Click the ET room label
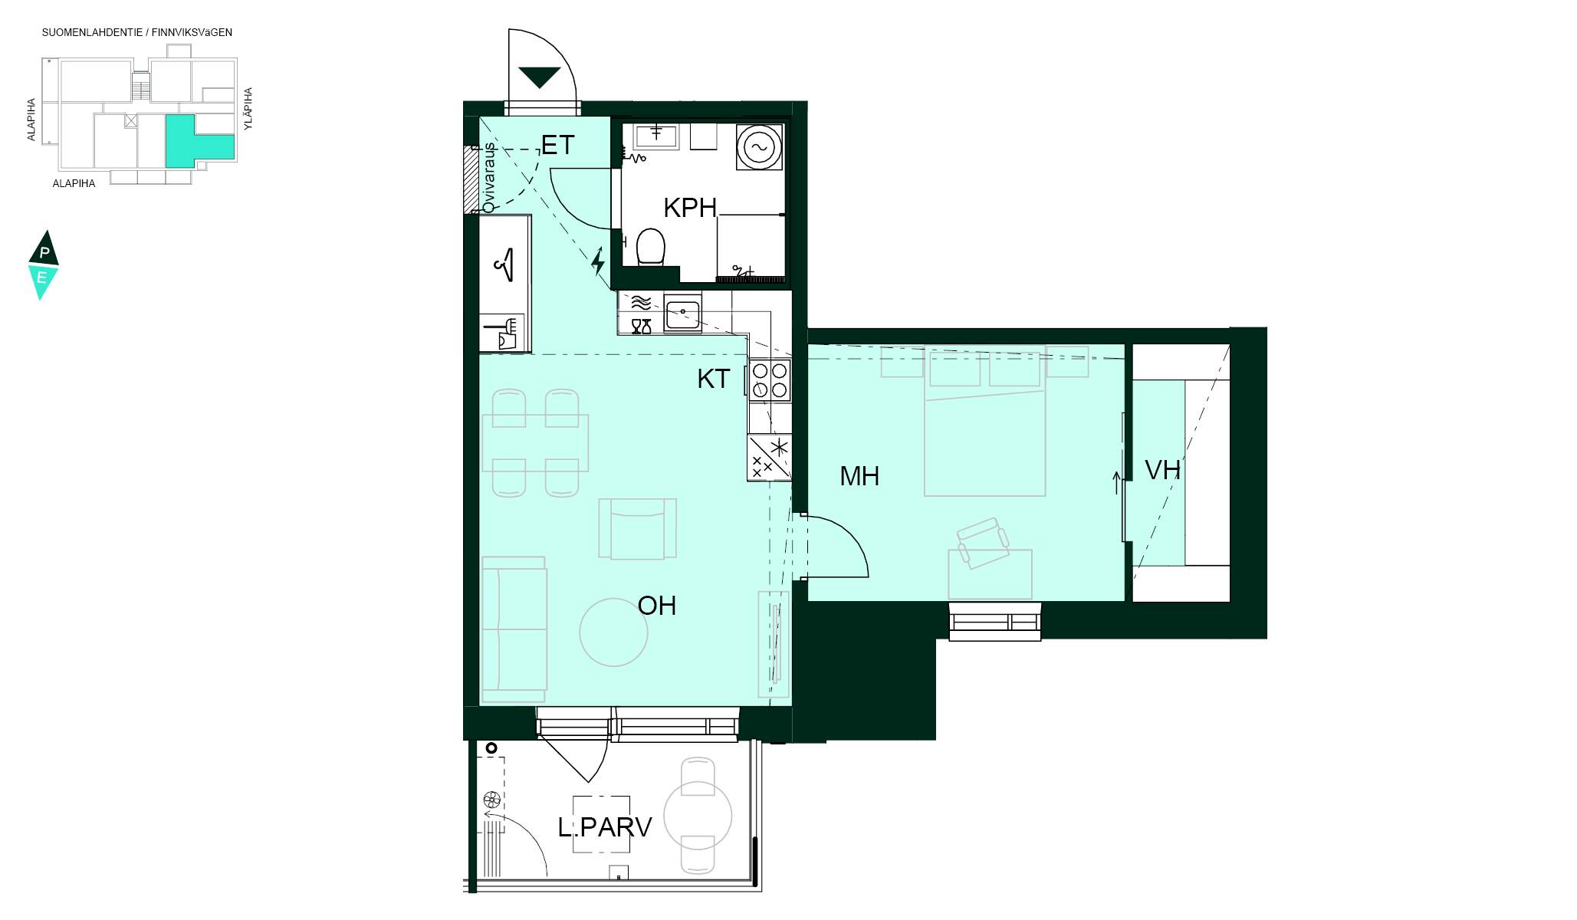pyautogui.click(x=557, y=145)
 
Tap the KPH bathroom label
pyautogui.click(x=690, y=208)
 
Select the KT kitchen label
pyautogui.click(x=713, y=379)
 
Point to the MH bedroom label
pyautogui.click(x=859, y=476)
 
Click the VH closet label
pyautogui.click(x=1162, y=470)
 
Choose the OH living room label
pyautogui.click(x=657, y=606)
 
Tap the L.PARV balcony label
pyautogui.click(x=605, y=827)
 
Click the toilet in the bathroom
pyautogui.click(x=651, y=246)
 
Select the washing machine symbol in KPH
pyautogui.click(x=760, y=146)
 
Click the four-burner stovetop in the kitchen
pyautogui.click(x=770, y=380)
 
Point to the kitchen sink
pyautogui.click(x=682, y=314)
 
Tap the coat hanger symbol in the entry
pyautogui.click(x=504, y=264)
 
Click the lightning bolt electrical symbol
pyautogui.click(x=598, y=261)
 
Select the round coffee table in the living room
pyautogui.click(x=613, y=632)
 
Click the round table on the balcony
pyautogui.click(x=698, y=816)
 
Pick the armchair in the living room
pyautogui.click(x=638, y=528)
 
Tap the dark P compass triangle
pyautogui.click(x=44, y=248)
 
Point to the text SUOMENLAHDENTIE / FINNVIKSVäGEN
pyautogui.click(x=137, y=32)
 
